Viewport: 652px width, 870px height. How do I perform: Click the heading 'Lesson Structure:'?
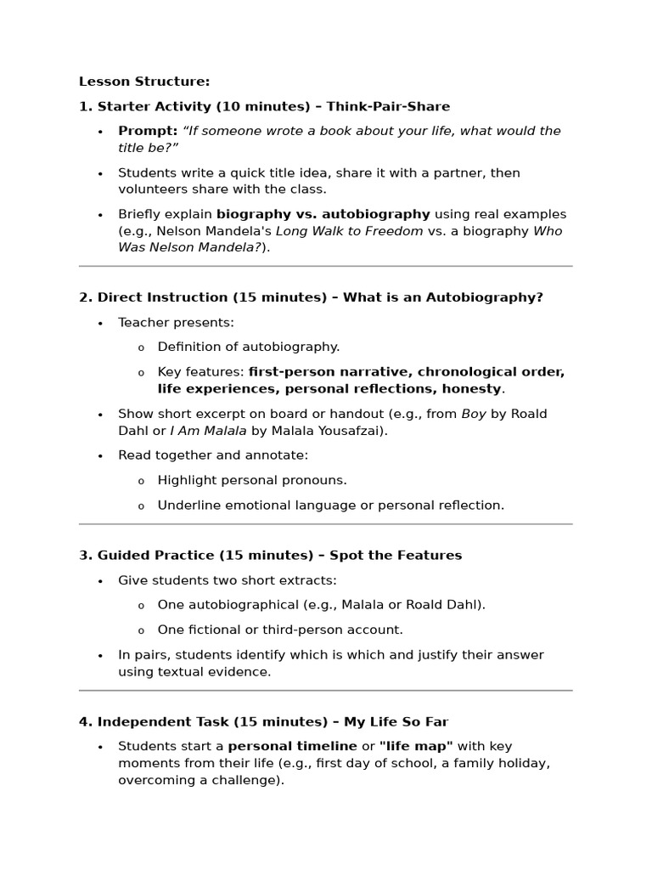coord(144,82)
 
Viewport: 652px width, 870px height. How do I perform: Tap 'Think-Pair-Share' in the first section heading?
coord(388,106)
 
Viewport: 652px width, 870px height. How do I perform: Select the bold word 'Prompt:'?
coord(148,131)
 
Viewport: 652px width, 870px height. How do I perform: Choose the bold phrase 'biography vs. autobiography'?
coord(323,214)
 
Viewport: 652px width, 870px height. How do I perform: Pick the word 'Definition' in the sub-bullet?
coord(188,347)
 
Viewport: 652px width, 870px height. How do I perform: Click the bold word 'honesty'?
coord(467,388)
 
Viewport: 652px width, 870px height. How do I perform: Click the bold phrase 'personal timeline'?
coord(293,746)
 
